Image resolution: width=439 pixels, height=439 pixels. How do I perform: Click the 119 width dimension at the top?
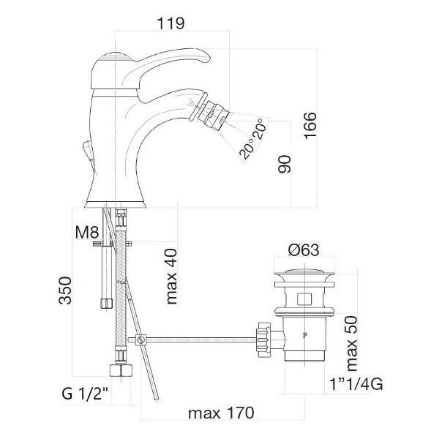(170, 23)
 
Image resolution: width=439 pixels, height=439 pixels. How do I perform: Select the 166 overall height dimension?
(310, 125)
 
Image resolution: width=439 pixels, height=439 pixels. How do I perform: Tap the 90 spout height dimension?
(285, 164)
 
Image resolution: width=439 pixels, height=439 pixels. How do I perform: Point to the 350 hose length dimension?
(65, 290)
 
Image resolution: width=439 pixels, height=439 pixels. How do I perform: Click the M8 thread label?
(87, 233)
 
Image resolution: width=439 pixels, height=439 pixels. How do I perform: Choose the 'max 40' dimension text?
(171, 277)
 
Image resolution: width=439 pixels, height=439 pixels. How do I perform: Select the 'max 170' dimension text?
(221, 413)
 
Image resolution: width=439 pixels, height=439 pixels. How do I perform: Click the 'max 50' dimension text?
(351, 344)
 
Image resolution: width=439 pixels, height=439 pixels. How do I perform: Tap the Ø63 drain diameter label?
(304, 249)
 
